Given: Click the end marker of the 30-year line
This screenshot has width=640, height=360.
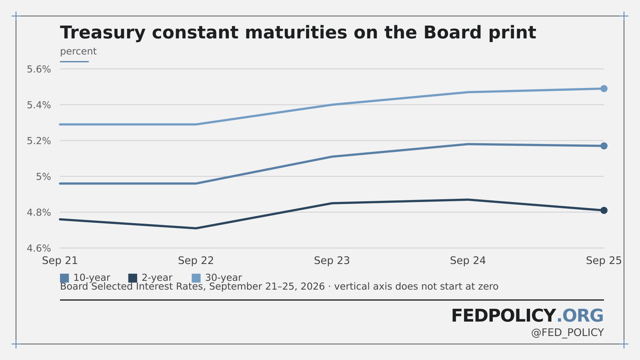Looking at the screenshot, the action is click(604, 88).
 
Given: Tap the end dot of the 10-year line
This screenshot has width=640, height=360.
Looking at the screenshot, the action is click(604, 146).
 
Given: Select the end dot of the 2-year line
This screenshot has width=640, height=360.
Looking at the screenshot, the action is click(604, 210).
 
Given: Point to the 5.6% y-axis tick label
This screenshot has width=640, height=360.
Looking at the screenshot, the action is click(39, 69).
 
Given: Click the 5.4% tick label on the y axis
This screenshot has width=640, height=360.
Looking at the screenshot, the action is click(39, 105).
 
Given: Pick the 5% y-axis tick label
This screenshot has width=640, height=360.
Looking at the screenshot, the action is click(44, 176).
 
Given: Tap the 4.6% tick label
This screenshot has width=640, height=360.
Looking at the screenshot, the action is click(39, 248).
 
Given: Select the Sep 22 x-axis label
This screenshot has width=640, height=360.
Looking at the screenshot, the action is click(196, 260).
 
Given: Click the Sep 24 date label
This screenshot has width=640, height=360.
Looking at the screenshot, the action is click(468, 260).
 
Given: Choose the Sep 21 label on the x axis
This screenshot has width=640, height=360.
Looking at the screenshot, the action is click(60, 260).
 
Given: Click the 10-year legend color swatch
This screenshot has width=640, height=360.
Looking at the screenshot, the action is click(64, 278).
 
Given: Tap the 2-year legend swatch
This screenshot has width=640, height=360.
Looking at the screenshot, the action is click(132, 278).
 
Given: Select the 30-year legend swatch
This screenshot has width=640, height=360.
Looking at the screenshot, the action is click(196, 278).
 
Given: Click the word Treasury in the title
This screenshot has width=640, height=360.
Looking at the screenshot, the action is click(103, 33).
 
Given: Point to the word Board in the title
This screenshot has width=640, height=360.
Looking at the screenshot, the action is click(452, 32).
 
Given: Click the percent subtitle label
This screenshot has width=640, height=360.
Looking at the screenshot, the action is click(78, 52).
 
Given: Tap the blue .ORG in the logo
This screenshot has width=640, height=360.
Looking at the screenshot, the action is click(580, 316).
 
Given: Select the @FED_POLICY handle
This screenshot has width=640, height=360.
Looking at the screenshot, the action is click(568, 333).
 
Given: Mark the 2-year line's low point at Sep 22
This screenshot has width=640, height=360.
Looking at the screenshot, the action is click(196, 228).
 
